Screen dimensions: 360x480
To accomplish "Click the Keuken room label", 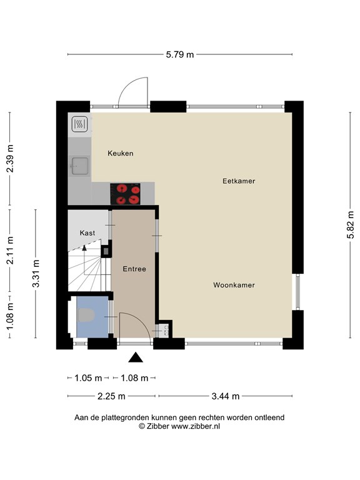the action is pyautogui.click(x=120, y=153).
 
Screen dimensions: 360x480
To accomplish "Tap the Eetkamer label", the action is pyautogui.click(x=239, y=181).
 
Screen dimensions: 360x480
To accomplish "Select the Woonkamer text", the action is pyautogui.click(x=234, y=285).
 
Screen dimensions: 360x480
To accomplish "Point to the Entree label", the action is pyautogui.click(x=134, y=269).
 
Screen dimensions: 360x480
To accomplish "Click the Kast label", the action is pyautogui.click(x=87, y=233).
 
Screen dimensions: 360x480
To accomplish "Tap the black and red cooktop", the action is pyautogui.click(x=125, y=194).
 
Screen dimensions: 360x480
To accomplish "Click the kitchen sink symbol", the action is pyautogui.click(x=80, y=166).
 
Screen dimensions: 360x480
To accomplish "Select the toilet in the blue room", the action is pyautogui.click(x=86, y=315).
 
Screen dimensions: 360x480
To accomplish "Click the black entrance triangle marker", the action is pyautogui.click(x=136, y=357).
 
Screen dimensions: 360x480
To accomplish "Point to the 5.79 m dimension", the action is pyautogui.click(x=180, y=54).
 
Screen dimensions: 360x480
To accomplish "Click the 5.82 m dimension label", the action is pyautogui.click(x=351, y=224).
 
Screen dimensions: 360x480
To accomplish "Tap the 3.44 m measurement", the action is pyautogui.click(x=226, y=396).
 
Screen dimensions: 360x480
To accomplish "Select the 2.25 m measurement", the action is pyautogui.click(x=111, y=396).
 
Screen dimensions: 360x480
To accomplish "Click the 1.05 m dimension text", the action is pyautogui.click(x=88, y=378).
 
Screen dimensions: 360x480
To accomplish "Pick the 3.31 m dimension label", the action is pyautogui.click(x=36, y=273).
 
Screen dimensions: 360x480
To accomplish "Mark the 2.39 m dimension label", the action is pyautogui.click(x=10, y=158).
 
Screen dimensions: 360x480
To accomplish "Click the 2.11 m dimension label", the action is pyautogui.click(x=10, y=251).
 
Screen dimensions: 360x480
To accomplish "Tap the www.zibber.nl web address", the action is pyautogui.click(x=195, y=426).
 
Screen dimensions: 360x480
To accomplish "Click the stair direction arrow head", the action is pyautogui.click(x=84, y=247).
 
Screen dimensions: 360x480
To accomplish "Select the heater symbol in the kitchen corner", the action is pyautogui.click(x=80, y=124).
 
